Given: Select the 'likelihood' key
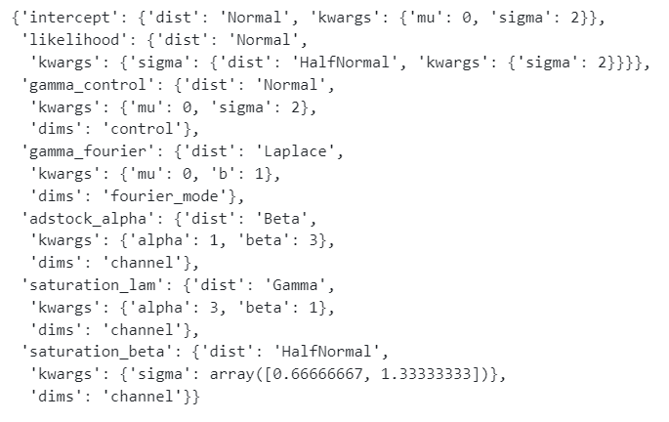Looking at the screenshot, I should tap(68, 41).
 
